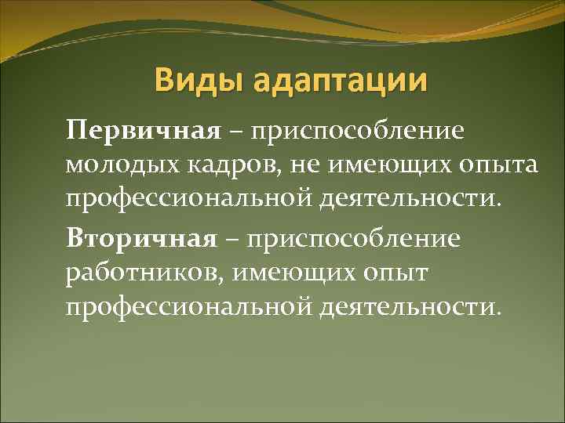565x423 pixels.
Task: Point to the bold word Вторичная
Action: pos(141,237)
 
